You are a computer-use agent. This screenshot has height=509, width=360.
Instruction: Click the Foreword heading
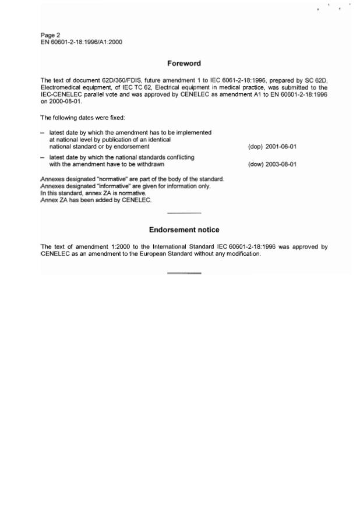point(183,63)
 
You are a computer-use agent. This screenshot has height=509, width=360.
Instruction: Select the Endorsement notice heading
point(183,230)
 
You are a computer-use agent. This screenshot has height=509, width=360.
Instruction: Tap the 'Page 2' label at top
point(50,36)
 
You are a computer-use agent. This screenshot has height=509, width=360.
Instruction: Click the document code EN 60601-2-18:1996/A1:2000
point(81,43)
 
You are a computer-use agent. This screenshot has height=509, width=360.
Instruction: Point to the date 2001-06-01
point(281,147)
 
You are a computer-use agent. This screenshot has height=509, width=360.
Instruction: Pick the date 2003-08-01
point(281,164)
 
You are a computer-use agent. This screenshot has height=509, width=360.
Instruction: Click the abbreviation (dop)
point(255,147)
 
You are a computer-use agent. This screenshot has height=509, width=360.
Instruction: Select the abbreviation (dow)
point(255,164)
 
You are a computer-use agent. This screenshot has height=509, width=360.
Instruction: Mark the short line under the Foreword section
point(183,213)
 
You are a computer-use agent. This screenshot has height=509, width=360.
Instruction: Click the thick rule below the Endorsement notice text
point(183,273)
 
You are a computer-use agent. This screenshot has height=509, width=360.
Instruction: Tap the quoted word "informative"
point(115,186)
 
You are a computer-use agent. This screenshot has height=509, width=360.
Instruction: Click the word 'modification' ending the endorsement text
point(243,254)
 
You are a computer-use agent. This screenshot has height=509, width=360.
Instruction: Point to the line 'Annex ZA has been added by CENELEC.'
point(96,200)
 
